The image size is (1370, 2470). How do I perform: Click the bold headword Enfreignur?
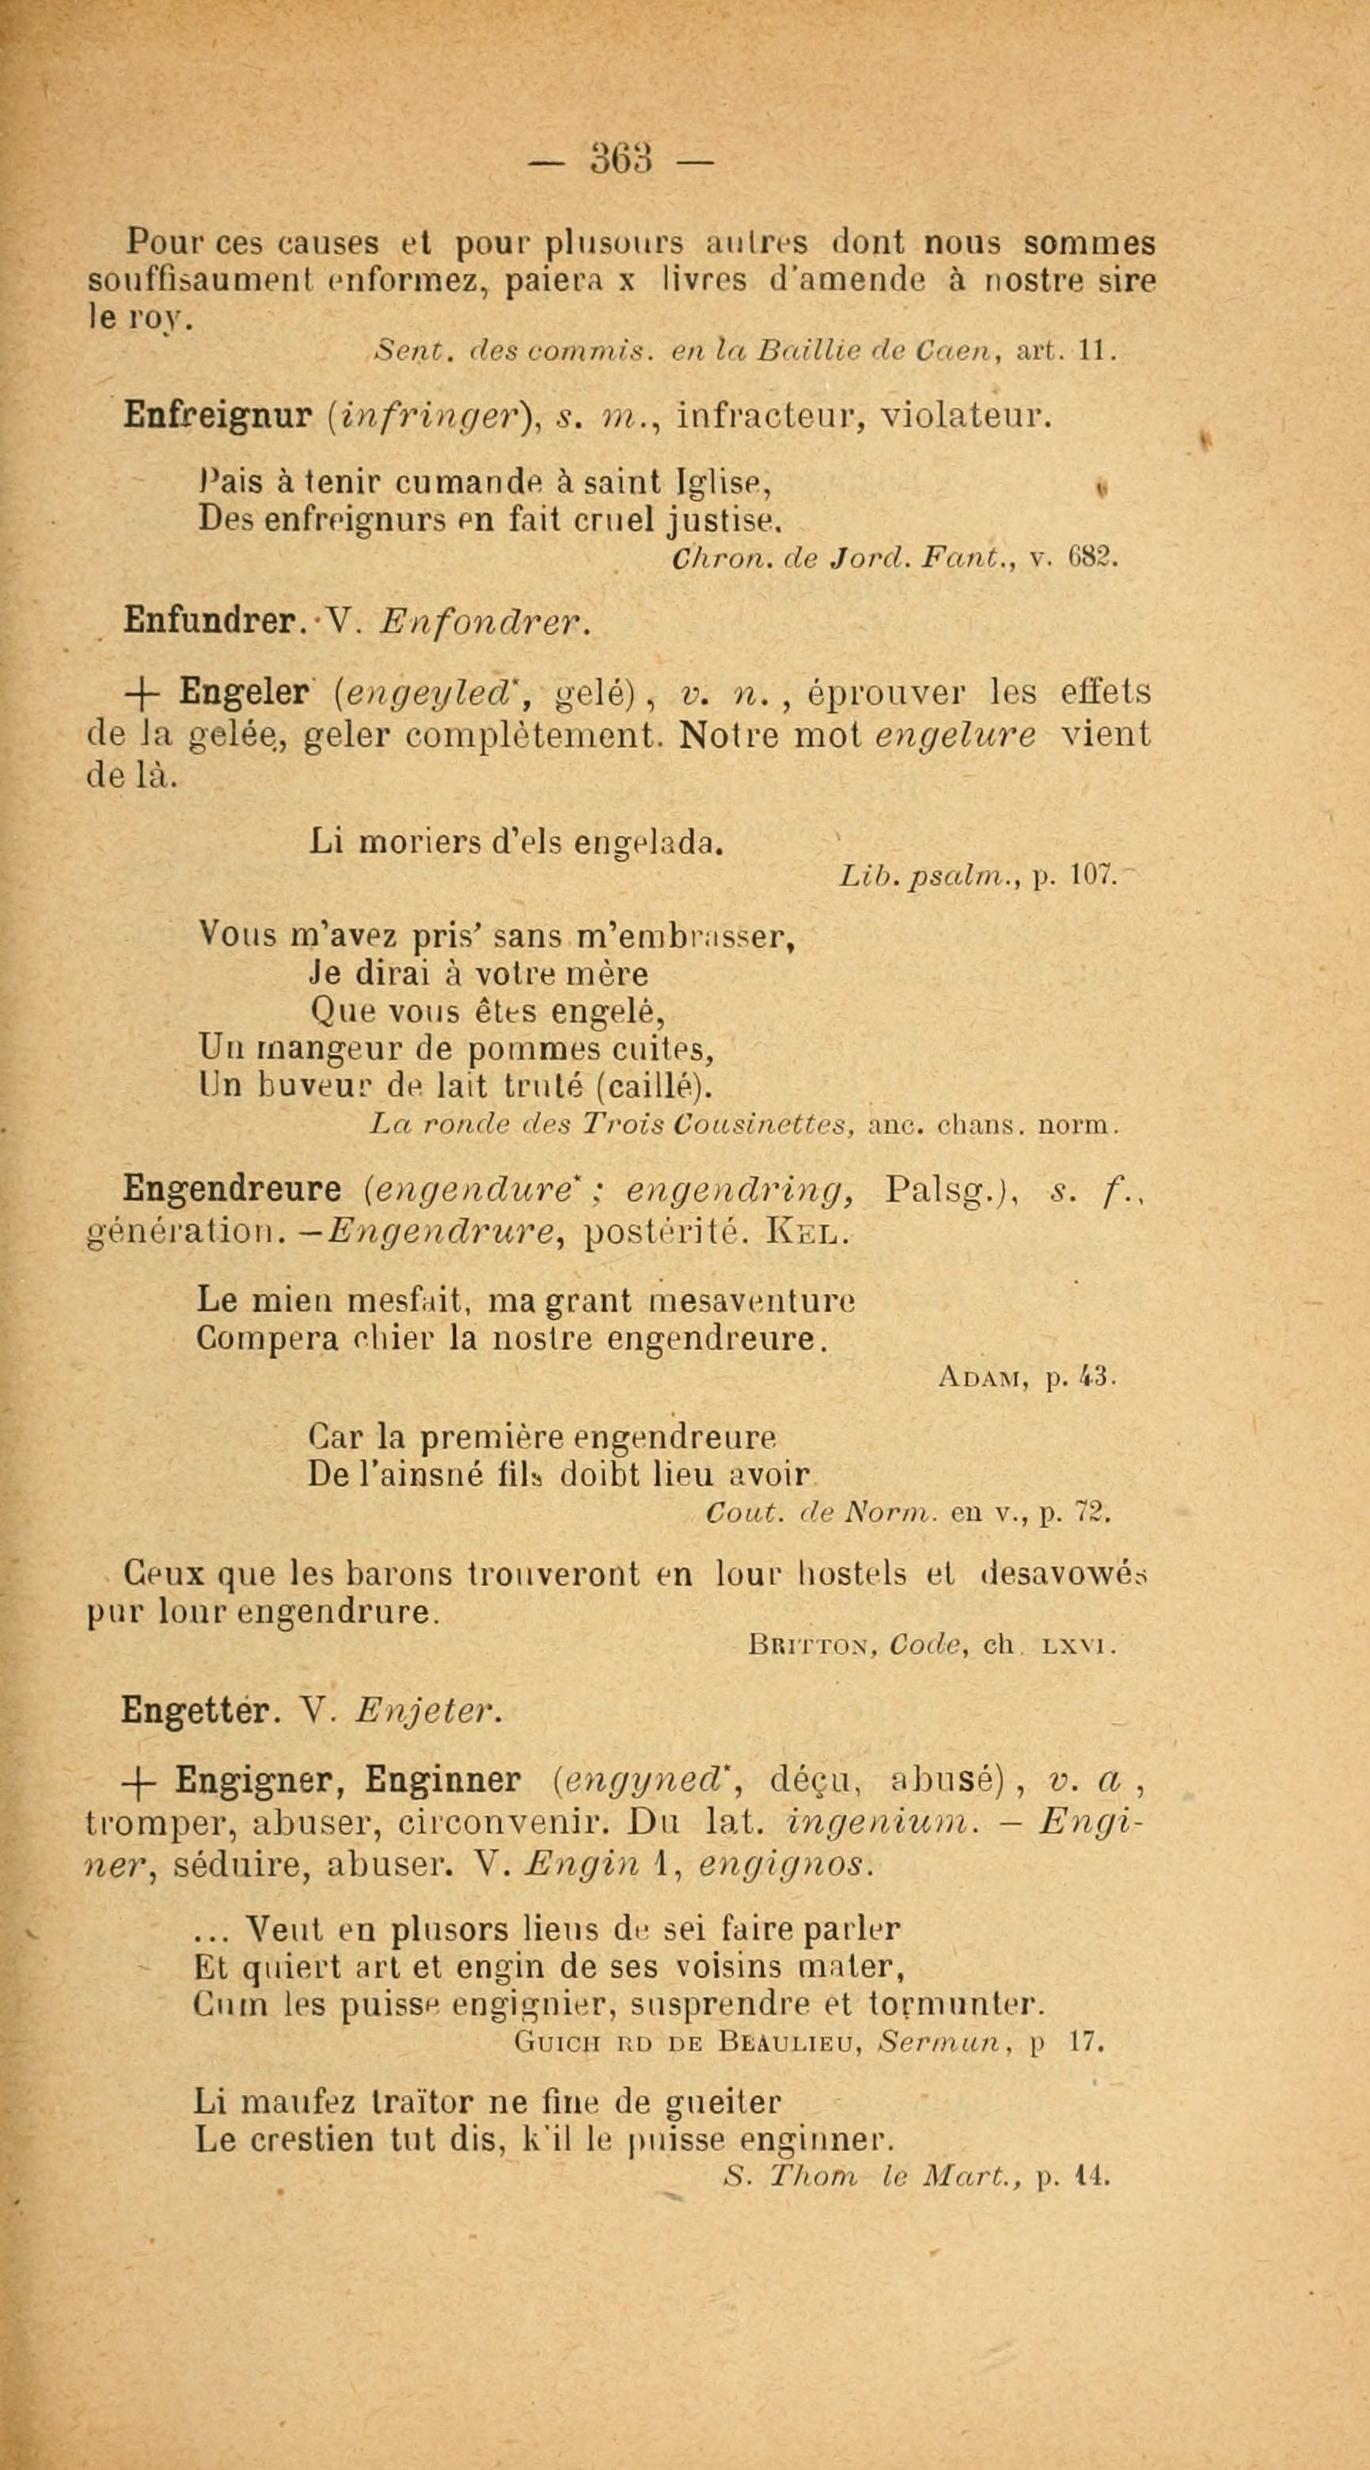(x=218, y=417)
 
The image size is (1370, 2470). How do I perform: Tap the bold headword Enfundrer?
(x=209, y=624)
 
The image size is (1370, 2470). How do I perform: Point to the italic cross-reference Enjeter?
(x=426, y=1710)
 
